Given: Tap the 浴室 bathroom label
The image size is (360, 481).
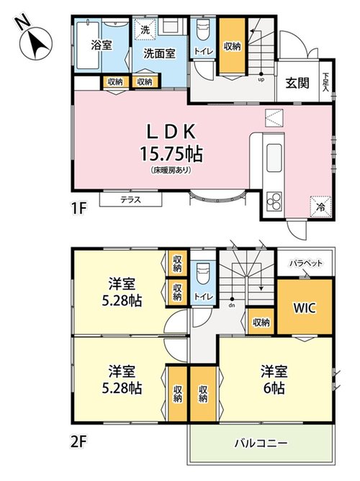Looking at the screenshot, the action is click(102, 45).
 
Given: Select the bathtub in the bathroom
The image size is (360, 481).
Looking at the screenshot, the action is click(88, 45).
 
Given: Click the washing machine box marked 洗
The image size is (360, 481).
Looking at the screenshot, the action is click(145, 29).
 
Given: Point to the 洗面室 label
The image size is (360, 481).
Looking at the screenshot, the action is click(159, 53).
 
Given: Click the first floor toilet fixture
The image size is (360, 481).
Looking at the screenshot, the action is click(202, 30).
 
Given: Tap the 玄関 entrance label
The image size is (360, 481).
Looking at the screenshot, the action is click(297, 83).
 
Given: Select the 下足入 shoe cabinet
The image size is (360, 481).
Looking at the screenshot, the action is click(325, 82).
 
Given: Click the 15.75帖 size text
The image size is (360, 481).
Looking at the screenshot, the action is click(171, 153).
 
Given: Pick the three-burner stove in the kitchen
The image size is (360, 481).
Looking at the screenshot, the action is click(274, 202).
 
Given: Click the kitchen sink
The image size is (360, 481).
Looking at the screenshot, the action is click(274, 158).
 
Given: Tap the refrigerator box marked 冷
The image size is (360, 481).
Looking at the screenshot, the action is click(320, 207).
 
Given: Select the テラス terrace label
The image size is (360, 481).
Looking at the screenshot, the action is click(130, 199).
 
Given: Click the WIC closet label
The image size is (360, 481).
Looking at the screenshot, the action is click(305, 307).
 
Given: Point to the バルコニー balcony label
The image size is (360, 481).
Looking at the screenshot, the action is click(261, 443).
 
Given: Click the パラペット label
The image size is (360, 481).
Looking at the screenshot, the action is click(306, 264).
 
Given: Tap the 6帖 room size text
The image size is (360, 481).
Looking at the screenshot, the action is click(274, 388).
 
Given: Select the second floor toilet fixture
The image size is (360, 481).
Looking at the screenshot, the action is click(202, 274).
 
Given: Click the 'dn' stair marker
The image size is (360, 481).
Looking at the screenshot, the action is click(232, 305).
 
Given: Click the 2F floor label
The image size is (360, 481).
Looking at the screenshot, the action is click(78, 443).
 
